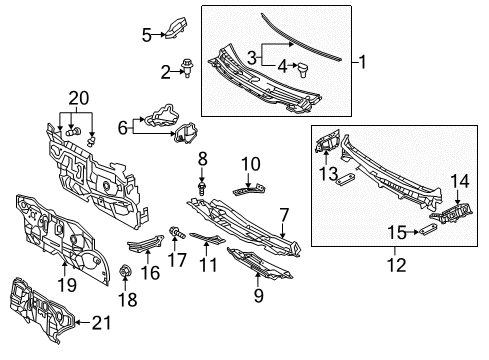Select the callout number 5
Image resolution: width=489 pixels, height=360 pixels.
[x=146, y=35]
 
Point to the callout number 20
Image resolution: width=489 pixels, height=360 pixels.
[x=78, y=97]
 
